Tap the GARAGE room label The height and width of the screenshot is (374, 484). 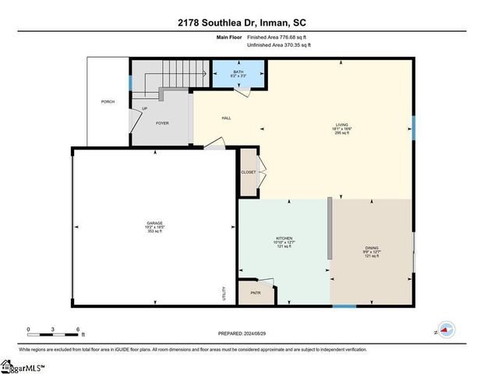154,222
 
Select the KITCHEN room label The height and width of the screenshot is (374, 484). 283,238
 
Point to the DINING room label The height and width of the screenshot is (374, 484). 372,248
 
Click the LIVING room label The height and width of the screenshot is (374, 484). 341,124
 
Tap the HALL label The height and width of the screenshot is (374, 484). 226,118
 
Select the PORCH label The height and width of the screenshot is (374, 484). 108,102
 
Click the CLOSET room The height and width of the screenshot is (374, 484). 248,171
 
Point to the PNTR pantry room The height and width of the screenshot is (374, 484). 255,293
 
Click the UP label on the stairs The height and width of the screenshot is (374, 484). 145,109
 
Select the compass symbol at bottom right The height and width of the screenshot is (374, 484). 446,330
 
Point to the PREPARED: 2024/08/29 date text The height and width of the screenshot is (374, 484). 242,333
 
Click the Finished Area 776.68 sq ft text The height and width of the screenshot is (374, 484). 277,37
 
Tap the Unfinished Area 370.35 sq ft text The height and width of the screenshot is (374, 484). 279,45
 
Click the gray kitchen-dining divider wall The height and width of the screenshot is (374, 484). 330,228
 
